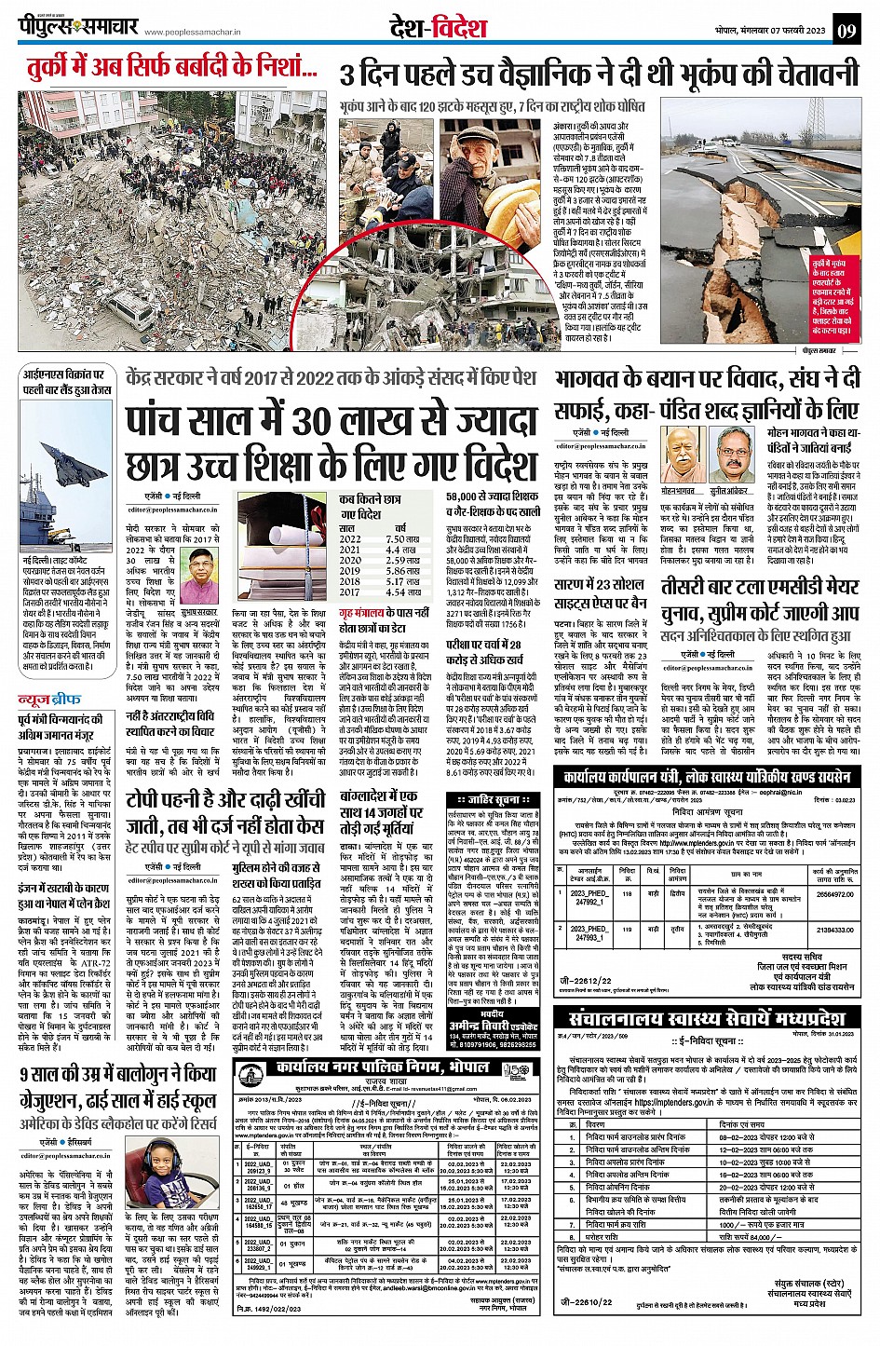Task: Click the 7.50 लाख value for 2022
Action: (x=402, y=539)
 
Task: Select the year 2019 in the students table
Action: (x=349, y=570)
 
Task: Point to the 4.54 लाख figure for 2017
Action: (x=402, y=591)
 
